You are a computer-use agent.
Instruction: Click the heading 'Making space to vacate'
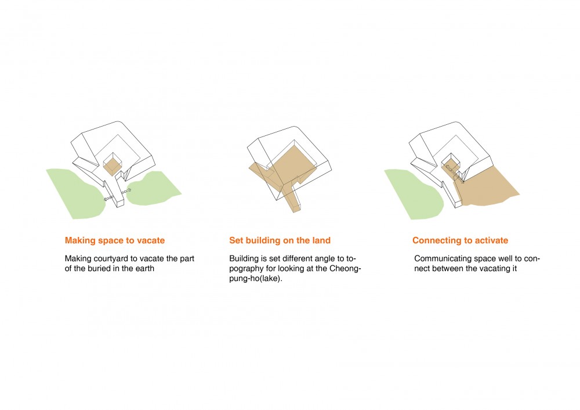coord(115,240)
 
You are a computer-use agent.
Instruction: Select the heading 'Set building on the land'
coord(280,240)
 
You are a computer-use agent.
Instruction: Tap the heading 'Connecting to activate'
coord(460,240)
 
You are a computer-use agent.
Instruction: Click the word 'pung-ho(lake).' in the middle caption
coord(256,278)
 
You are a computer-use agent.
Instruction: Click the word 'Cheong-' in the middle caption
coord(345,268)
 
